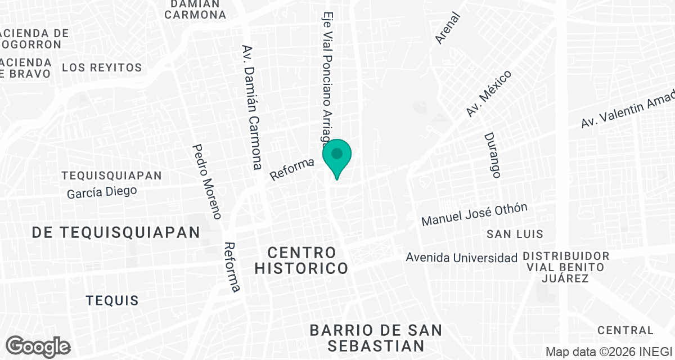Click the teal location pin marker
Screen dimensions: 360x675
[337, 155]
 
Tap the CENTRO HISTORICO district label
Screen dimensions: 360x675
[301, 260]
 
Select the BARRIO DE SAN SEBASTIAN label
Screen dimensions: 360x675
[376, 337]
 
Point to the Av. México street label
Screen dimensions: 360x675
[488, 94]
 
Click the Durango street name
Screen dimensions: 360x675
[492, 155]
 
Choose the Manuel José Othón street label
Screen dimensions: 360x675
[475, 215]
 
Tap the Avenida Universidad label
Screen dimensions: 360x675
[462, 258]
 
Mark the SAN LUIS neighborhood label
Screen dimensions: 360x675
[515, 233]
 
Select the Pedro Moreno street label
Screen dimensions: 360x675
[208, 182]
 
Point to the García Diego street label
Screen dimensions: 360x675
[102, 192]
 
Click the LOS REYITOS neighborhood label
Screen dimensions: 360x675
[102, 67]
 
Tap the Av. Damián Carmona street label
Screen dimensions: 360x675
[251, 107]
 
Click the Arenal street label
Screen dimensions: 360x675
[448, 28]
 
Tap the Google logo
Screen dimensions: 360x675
[38, 346]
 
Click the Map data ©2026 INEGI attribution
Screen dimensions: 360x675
[610, 352]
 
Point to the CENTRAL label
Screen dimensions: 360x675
[625, 330]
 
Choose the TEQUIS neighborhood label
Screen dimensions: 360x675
[112, 300]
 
